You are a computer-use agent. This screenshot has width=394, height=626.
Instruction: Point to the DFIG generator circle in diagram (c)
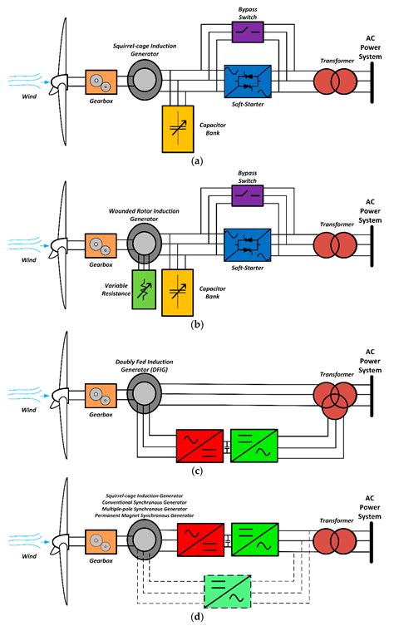147,397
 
